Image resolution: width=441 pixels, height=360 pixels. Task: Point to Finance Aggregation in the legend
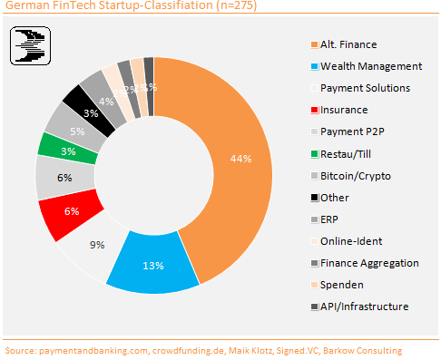tap(367, 262)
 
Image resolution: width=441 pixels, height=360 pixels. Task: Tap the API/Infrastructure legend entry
tap(364, 306)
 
